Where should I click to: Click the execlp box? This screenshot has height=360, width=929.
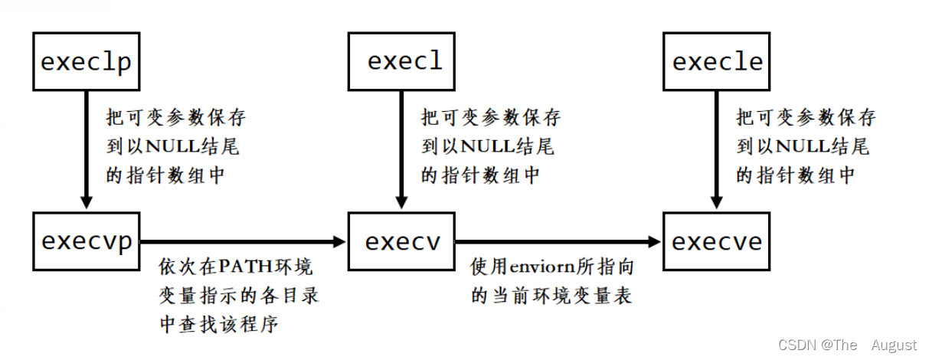[87, 61]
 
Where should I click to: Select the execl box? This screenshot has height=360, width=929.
[404, 61]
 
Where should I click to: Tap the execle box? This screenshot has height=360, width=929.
[718, 61]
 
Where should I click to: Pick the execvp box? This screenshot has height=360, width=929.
[87, 241]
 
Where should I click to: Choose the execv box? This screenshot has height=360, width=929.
[403, 241]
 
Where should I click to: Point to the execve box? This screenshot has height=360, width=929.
[717, 241]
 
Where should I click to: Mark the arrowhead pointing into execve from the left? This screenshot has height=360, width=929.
[655, 242]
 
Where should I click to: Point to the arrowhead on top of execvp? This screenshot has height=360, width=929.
[87, 202]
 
